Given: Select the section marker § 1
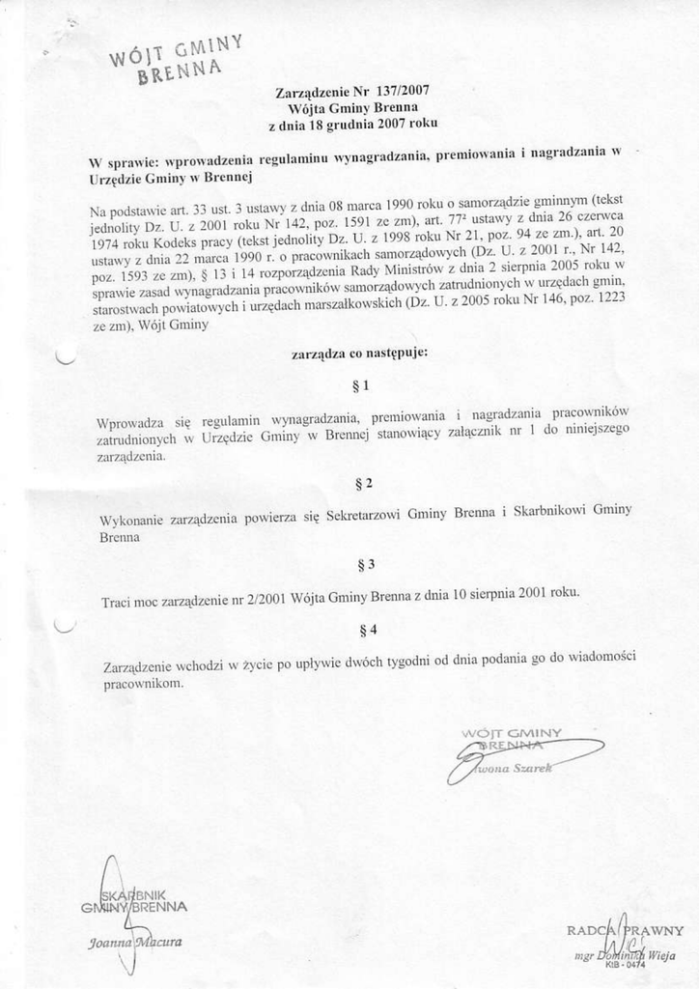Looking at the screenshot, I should click(x=362, y=386).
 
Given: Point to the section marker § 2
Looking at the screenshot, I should click(x=364, y=481).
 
